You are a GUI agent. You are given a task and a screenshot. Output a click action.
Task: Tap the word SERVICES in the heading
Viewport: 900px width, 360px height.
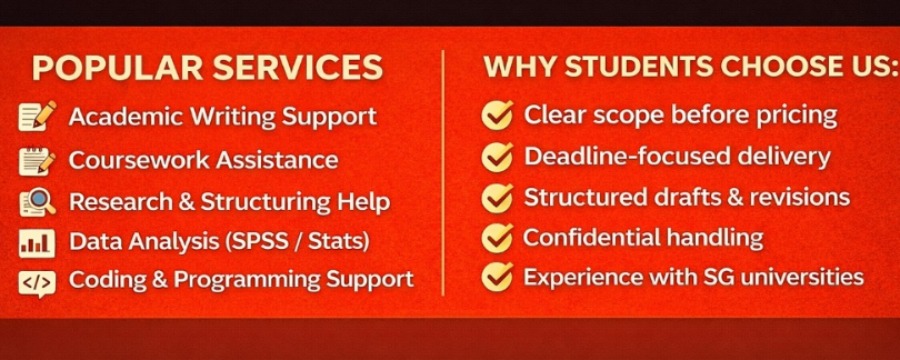tap(297, 68)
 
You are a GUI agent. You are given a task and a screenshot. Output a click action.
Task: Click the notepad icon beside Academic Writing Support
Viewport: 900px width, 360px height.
tap(37, 117)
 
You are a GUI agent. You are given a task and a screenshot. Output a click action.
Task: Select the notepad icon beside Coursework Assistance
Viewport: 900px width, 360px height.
tap(37, 161)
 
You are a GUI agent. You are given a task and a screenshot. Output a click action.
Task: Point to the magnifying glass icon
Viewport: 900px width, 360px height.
tap(38, 203)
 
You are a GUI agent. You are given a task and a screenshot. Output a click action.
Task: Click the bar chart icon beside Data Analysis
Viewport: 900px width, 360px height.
tap(37, 243)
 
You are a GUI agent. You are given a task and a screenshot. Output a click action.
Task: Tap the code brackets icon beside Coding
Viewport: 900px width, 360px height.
tap(37, 283)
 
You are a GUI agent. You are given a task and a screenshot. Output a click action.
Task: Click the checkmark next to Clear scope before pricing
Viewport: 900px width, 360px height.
tap(497, 115)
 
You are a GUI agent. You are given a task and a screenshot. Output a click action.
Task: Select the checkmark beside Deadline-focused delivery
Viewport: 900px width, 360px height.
tap(497, 157)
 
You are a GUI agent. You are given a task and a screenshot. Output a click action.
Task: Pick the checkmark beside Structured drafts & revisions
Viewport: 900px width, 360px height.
tap(497, 197)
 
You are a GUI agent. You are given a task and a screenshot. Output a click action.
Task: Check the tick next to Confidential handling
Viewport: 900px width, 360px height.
tap(497, 237)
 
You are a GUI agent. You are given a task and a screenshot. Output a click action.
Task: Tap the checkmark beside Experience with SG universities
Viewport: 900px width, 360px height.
tap(497, 277)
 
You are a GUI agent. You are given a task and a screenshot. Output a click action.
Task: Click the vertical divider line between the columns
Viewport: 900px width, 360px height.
tap(443, 173)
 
